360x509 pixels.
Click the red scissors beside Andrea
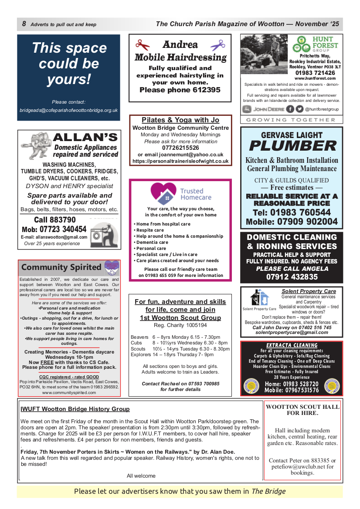point(142,45)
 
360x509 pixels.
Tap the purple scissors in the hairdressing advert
point(217,45)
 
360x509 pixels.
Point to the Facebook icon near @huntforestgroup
point(290,109)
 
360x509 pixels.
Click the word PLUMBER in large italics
point(292,146)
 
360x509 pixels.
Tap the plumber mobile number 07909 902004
point(292,222)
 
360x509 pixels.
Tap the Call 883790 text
point(54,220)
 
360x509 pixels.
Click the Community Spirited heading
point(61,267)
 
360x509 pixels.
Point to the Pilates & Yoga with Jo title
point(180,120)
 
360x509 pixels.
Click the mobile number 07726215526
point(180,148)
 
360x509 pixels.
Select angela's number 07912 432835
point(292,277)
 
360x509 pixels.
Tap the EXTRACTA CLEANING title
point(292,345)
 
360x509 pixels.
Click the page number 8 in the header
point(24,24)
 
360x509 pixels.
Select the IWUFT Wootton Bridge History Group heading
point(75,409)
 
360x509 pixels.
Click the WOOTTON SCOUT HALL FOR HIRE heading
point(302,410)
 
